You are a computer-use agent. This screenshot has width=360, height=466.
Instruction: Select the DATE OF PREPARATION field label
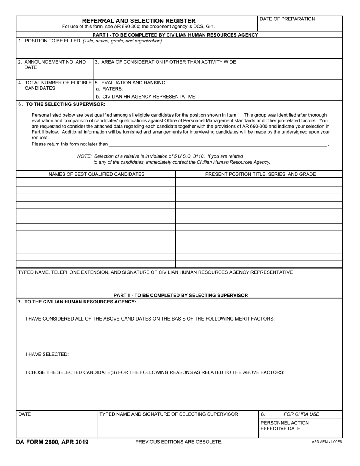point(287,19)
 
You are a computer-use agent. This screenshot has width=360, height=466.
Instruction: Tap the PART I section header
point(175,35)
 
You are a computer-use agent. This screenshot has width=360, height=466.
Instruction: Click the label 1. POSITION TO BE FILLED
point(49,41)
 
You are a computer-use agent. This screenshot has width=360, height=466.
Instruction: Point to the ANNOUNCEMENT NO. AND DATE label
point(52,64)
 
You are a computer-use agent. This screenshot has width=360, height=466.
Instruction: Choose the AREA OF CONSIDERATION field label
point(165,62)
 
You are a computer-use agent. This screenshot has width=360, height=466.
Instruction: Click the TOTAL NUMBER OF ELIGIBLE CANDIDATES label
point(55,85)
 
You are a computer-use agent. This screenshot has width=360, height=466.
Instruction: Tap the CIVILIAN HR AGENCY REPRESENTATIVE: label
point(146,97)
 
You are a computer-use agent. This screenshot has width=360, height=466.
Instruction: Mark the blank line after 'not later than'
point(218,144)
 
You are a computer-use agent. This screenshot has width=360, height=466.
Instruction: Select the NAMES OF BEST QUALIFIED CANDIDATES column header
point(96,174)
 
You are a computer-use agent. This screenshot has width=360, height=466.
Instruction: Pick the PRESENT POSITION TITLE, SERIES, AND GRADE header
point(260,174)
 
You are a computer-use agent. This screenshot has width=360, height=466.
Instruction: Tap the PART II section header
point(181,295)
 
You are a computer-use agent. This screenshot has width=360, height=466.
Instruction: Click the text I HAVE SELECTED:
point(47,355)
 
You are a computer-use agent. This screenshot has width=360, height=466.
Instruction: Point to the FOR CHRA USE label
point(301,414)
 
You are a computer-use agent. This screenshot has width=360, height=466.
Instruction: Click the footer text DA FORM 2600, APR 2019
point(52,442)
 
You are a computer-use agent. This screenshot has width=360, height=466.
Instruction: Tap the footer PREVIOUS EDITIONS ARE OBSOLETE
point(178,442)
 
